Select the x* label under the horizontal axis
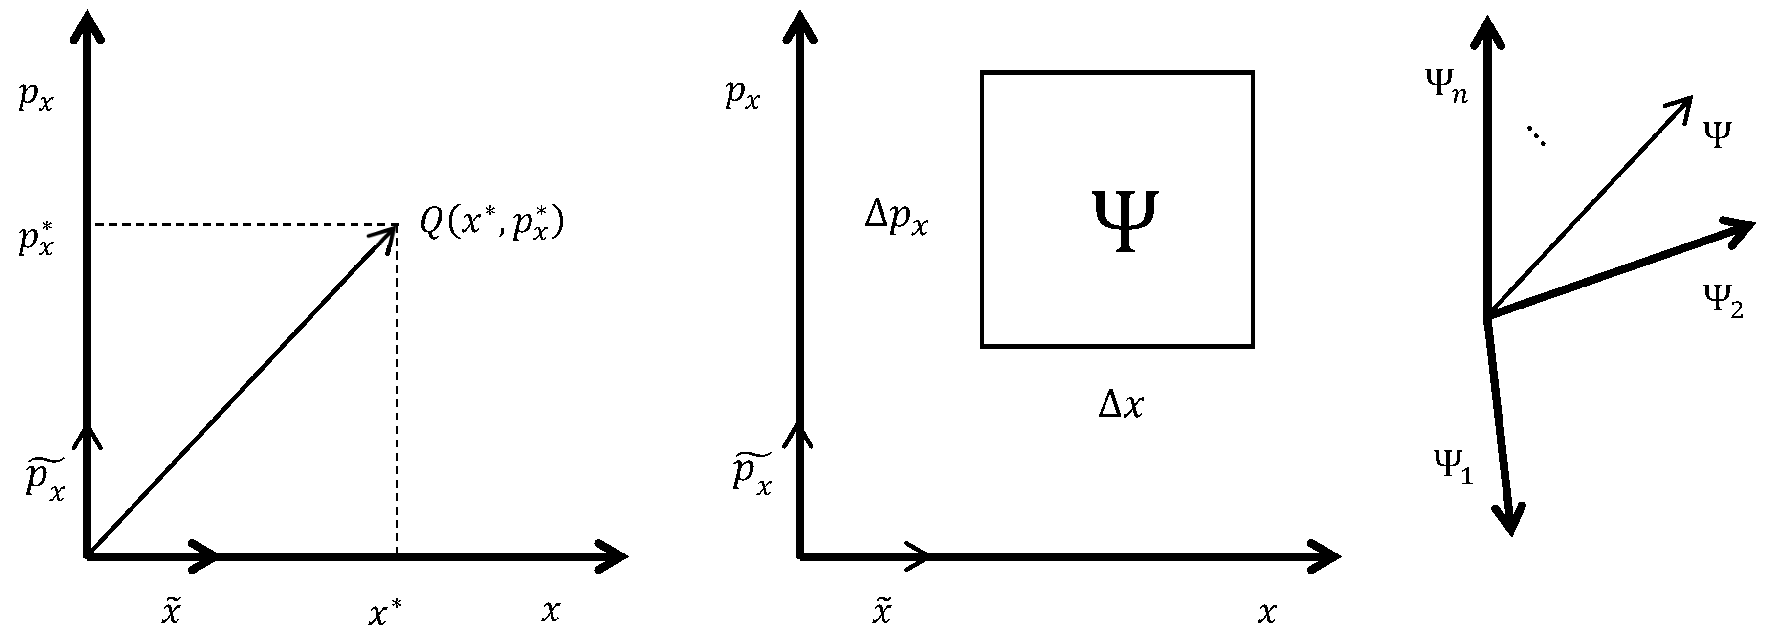385,612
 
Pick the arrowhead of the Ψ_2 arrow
1740,228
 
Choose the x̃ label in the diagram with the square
882,611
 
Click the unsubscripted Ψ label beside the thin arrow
1717,135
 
